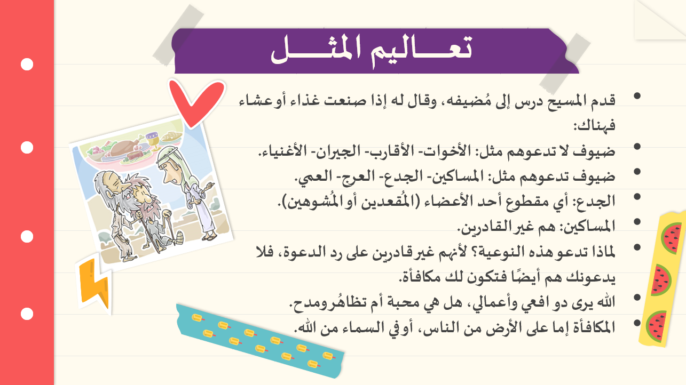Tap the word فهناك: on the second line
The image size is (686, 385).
(594, 125)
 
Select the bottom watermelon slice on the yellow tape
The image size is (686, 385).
(656, 326)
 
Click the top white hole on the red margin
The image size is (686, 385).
(27, 65)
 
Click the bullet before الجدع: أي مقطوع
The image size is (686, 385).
(637, 196)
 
